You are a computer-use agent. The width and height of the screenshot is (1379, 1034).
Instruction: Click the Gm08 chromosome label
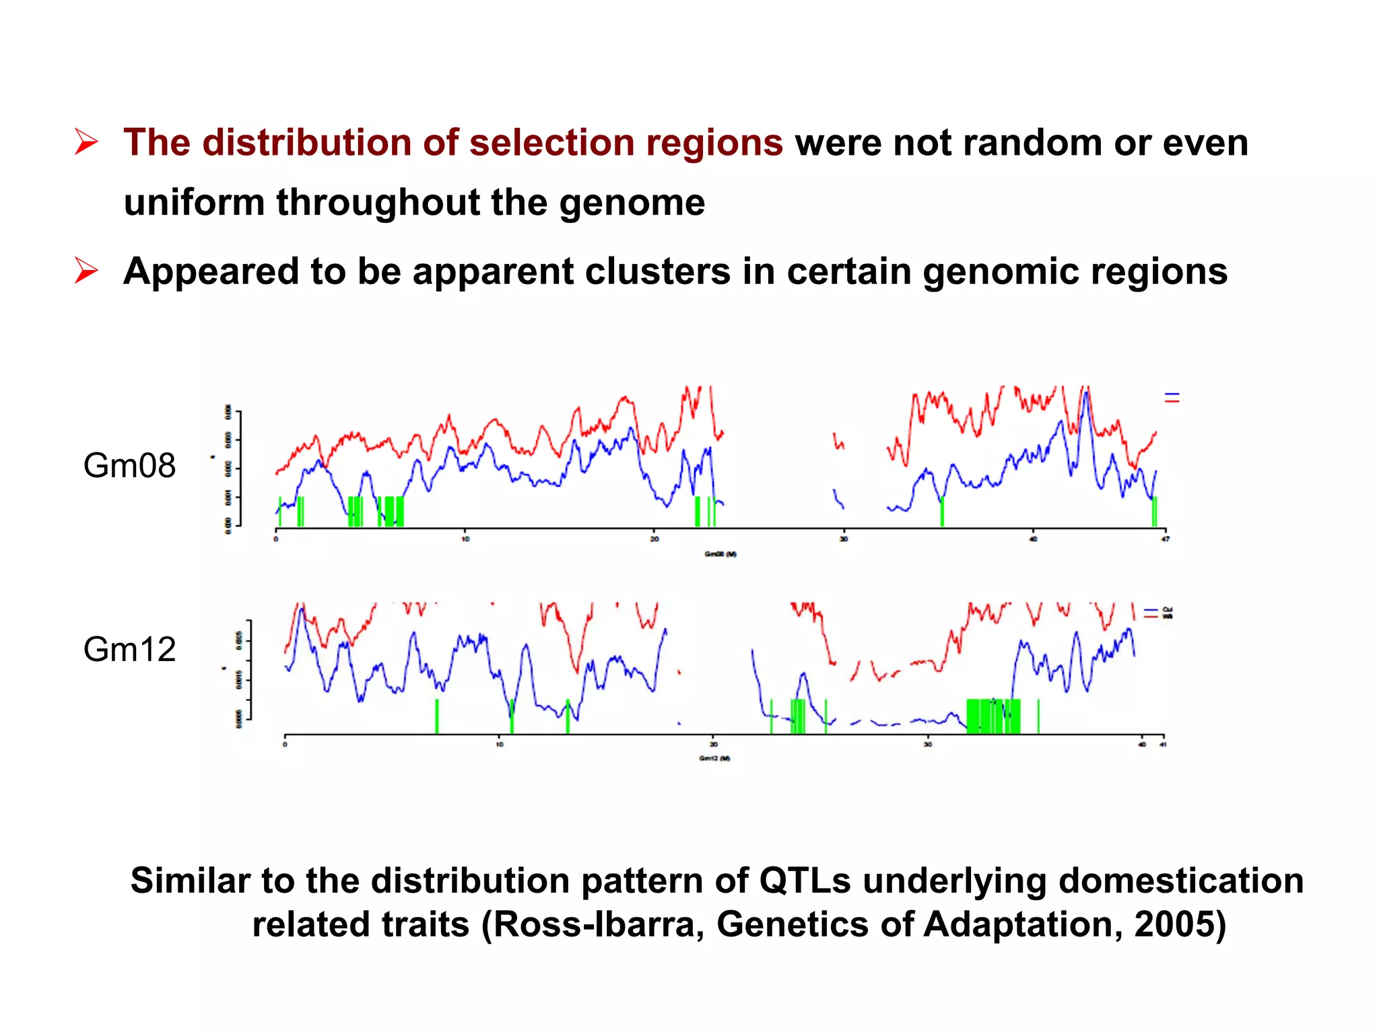(x=129, y=466)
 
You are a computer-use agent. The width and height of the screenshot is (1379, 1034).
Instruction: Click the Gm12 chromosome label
(x=129, y=650)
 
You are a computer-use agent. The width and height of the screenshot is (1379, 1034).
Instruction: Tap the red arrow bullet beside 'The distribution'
(x=86, y=143)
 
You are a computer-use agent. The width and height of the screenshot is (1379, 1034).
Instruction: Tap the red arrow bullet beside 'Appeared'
(x=86, y=271)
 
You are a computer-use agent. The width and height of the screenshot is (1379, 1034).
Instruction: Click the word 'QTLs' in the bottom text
(x=805, y=881)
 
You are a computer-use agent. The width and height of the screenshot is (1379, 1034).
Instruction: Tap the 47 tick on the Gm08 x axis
(x=1166, y=539)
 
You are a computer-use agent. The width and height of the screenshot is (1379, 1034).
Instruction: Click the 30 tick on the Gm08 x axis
(x=844, y=539)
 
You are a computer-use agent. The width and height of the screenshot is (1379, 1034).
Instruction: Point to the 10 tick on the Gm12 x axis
(x=499, y=745)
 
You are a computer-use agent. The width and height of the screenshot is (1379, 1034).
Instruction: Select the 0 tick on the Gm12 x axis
(x=285, y=745)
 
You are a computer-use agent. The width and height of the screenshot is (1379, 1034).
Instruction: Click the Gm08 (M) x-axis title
(x=720, y=554)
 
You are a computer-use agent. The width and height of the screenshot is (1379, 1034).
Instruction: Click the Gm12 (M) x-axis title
(x=714, y=759)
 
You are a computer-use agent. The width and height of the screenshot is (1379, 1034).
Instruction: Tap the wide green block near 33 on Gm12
(x=993, y=716)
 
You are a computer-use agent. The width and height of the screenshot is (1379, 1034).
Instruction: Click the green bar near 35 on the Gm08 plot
(x=942, y=512)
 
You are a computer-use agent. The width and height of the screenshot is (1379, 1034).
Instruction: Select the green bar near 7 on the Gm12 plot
(x=437, y=716)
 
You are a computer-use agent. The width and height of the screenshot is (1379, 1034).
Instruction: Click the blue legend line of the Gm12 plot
(x=1151, y=610)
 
